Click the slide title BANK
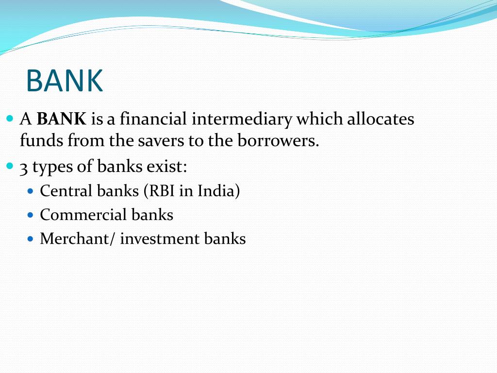(x=65, y=81)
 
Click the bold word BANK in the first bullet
(x=61, y=119)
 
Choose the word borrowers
(x=278, y=141)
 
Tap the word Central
(x=66, y=191)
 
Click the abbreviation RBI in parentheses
(x=161, y=191)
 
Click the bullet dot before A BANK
(x=11, y=119)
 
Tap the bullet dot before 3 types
(x=11, y=166)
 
